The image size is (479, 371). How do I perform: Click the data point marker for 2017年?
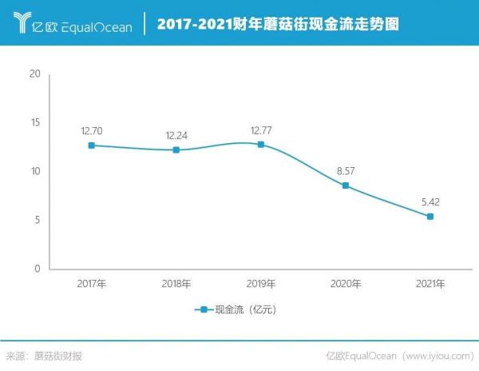click(x=92, y=146)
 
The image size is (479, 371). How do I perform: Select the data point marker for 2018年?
click(x=176, y=150)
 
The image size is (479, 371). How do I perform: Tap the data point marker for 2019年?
click(x=261, y=145)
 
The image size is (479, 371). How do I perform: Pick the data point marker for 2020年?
click(x=346, y=185)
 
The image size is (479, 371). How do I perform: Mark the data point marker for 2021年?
click(x=430, y=217)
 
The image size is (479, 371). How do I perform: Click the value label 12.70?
click(x=92, y=130)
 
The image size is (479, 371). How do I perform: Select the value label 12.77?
click(x=261, y=129)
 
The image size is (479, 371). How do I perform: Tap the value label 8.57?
click(x=346, y=170)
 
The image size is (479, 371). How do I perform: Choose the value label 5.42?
click(x=430, y=201)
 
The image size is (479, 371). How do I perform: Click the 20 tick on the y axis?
click(x=34, y=74)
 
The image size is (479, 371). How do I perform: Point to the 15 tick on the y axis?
click(x=34, y=123)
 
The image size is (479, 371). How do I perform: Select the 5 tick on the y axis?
click(x=36, y=221)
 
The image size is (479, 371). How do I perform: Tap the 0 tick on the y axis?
click(x=36, y=269)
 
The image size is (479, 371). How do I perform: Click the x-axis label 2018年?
click(x=176, y=284)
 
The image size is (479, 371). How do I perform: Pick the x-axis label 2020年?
click(x=346, y=284)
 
